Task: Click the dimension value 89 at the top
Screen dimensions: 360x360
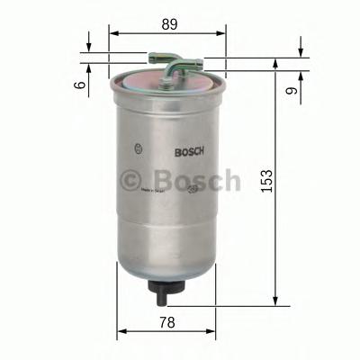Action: pos(168,24)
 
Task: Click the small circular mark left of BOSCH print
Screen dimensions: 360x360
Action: pos(137,150)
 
